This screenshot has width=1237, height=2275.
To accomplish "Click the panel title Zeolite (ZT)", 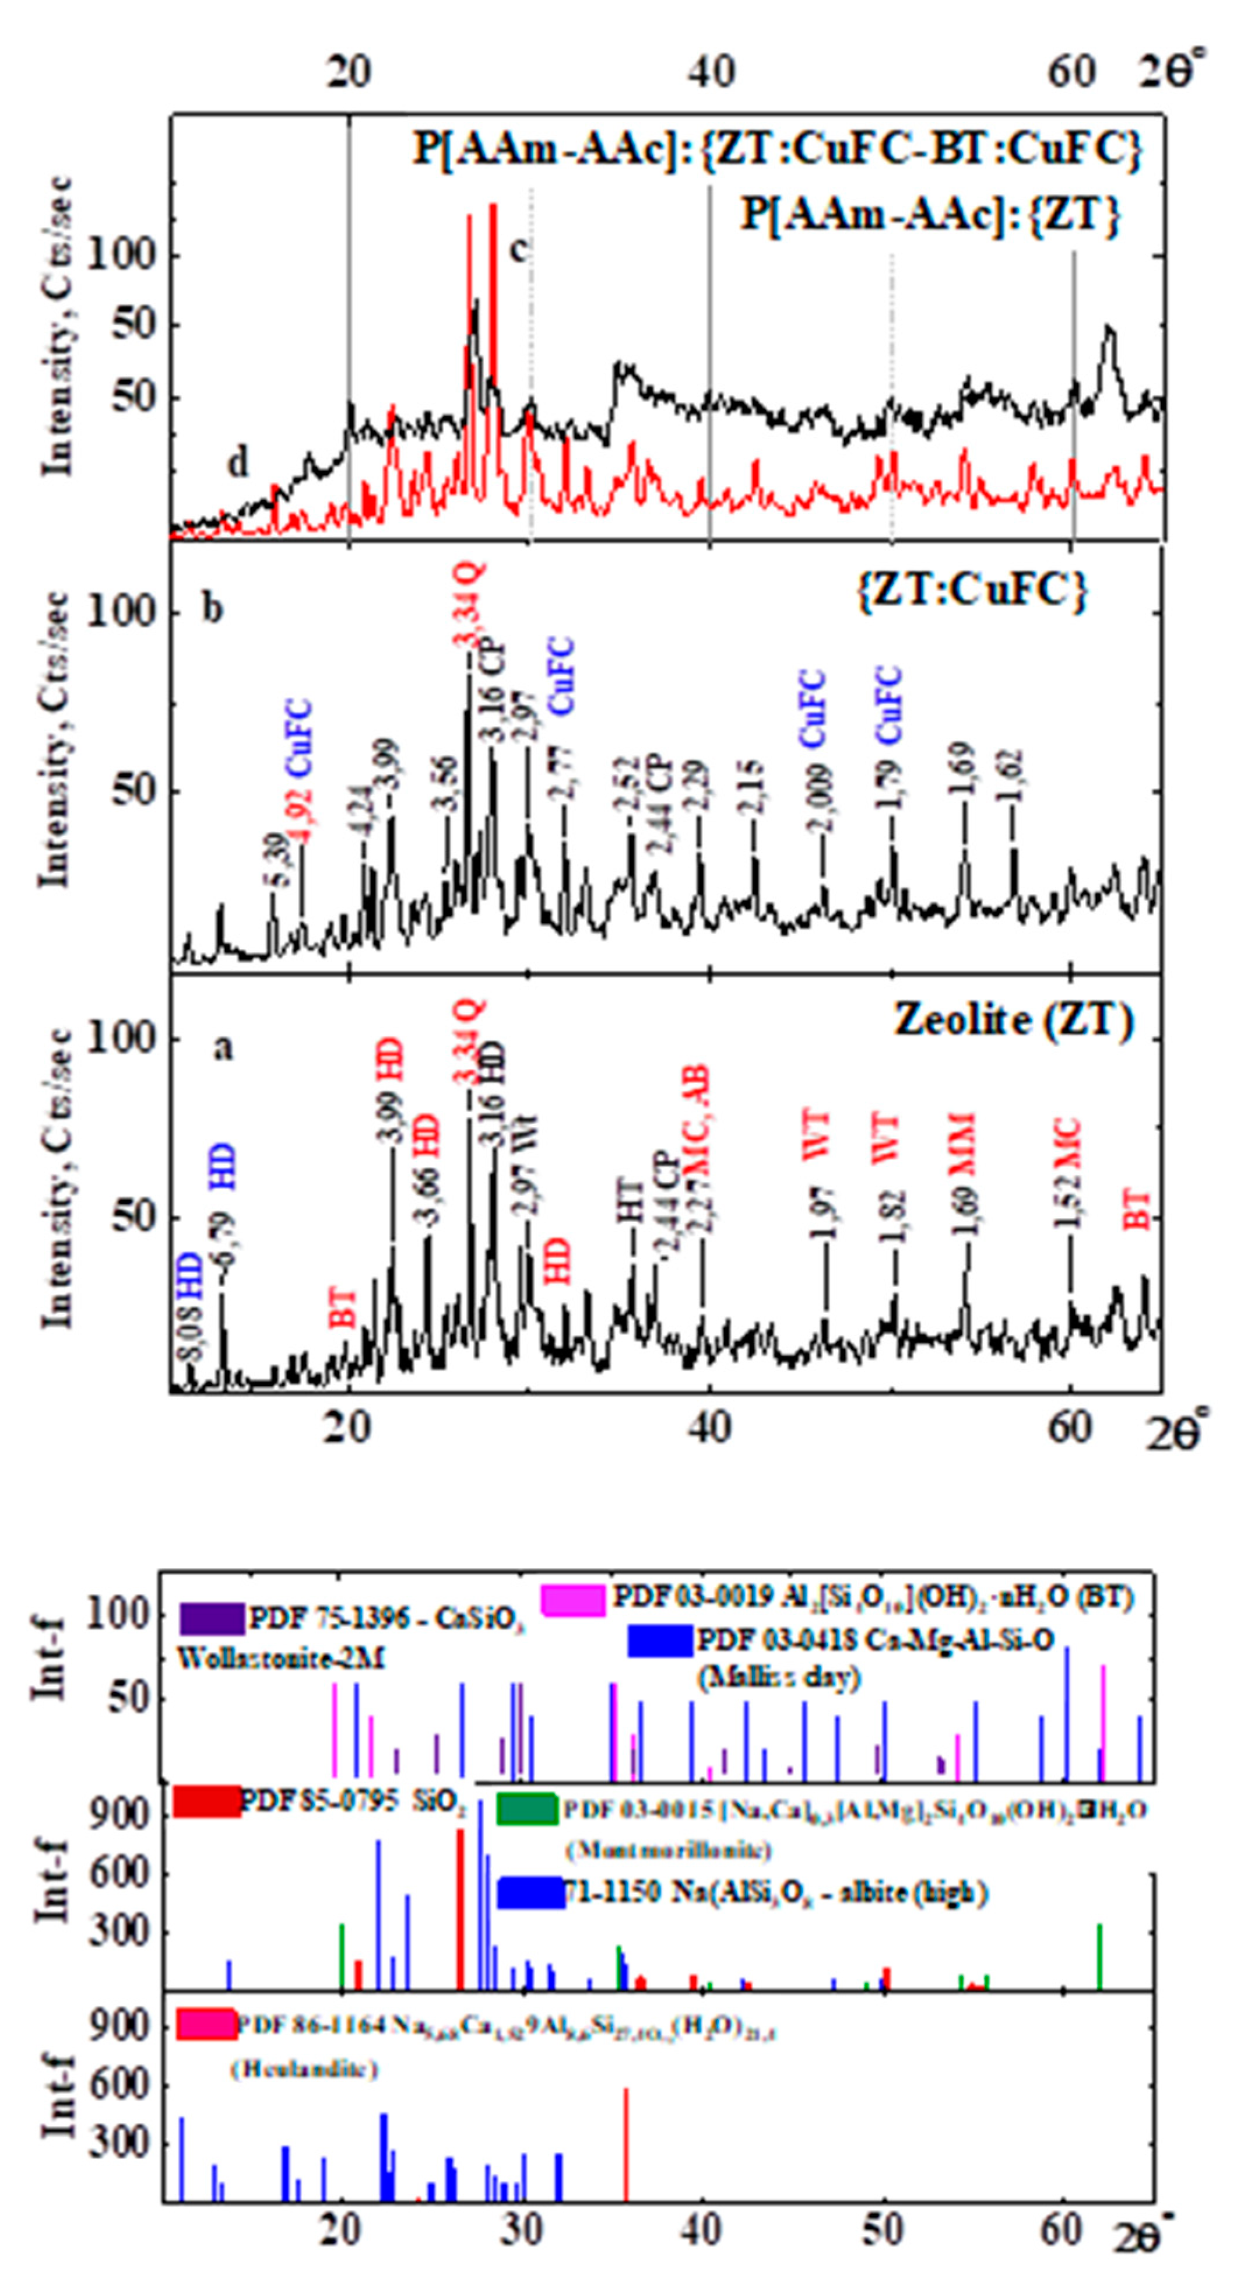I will [1014, 1022].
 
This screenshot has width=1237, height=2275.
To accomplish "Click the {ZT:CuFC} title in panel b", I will [971, 590].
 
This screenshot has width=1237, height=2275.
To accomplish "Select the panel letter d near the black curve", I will [238, 463].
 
